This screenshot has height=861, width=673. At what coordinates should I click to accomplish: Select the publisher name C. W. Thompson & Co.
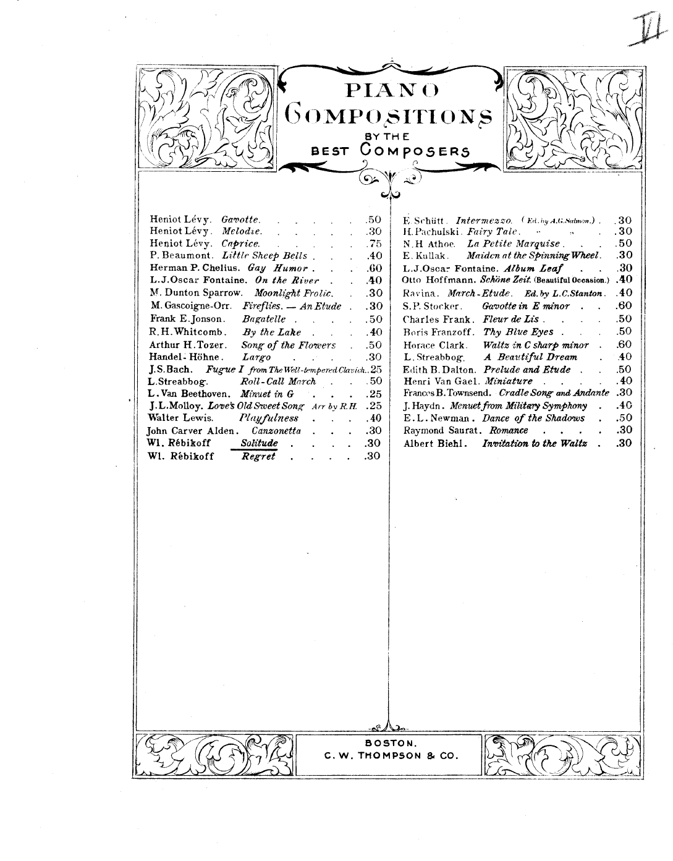click(x=390, y=756)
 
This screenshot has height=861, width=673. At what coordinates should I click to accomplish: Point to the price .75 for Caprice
click(x=372, y=244)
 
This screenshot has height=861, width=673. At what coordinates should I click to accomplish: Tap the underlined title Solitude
click(x=259, y=443)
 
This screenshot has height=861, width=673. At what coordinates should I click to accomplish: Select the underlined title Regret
click(x=258, y=456)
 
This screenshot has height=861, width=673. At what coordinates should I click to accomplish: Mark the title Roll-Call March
click(x=277, y=381)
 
